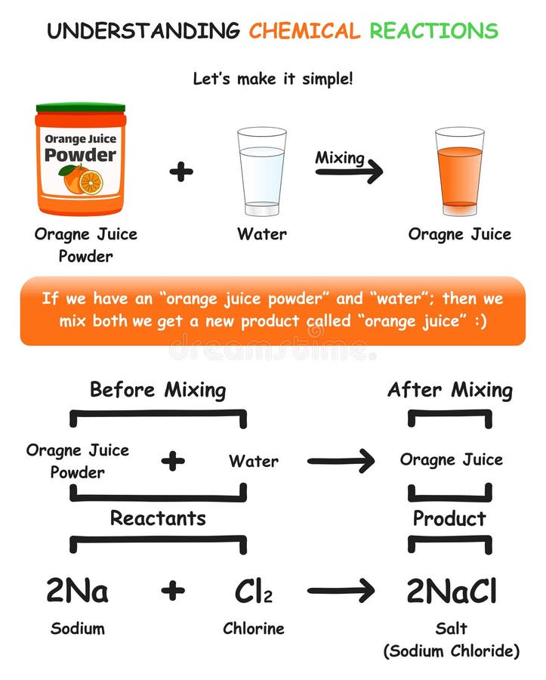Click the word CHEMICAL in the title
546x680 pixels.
point(304,31)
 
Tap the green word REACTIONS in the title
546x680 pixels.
point(433,31)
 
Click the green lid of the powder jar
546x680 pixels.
point(81,108)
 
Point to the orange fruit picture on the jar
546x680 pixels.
point(81,180)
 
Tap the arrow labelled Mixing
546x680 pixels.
point(349,172)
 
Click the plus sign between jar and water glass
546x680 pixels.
point(181,172)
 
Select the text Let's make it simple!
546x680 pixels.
point(273,78)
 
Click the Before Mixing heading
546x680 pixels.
point(158,390)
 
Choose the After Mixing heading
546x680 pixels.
point(449,390)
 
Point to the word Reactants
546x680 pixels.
point(158,518)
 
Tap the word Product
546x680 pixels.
point(449,518)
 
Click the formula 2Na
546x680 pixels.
point(77,591)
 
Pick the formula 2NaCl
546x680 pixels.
point(452,591)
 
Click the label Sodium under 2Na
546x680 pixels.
point(77,629)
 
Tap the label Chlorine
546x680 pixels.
point(252,629)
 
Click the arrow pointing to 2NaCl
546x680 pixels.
point(341,591)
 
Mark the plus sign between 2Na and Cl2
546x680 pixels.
point(173,591)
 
